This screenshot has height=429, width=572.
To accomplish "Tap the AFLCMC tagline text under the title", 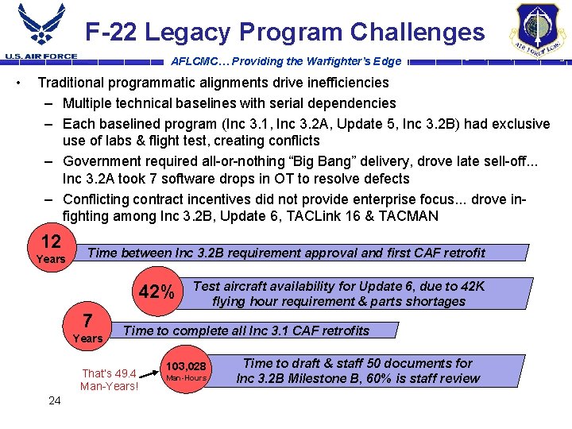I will point(286,61).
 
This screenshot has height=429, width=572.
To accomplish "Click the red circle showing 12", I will point(52,247).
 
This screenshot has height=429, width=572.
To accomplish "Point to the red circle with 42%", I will point(157,292).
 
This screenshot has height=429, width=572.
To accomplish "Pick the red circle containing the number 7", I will point(88,327).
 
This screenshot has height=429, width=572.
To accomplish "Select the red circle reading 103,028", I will point(186,369).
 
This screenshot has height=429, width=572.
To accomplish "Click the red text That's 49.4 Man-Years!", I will point(110,380).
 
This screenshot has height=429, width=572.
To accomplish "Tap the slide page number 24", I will point(55,400).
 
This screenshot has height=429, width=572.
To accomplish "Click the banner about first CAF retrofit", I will point(286,253).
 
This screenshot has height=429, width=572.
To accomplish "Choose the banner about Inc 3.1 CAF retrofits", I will point(247,330).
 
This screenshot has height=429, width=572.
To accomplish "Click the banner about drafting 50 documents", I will point(357,370).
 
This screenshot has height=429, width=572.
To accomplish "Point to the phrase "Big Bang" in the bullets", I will point(325,159).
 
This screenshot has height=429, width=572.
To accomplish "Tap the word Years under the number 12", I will point(51,259).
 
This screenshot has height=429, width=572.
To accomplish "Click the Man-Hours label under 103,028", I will point(186,377).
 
